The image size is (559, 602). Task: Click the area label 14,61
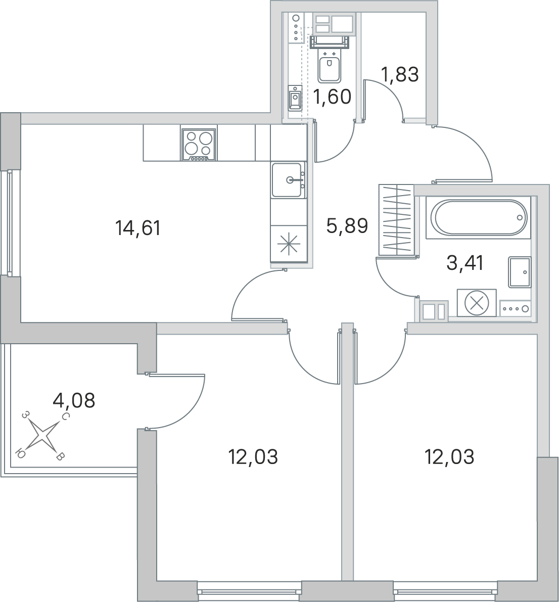(137, 228)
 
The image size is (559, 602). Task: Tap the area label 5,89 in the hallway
(347, 226)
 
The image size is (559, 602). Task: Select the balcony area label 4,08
(74, 401)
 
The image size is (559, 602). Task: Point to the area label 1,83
(400, 74)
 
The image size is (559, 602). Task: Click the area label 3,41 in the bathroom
(465, 263)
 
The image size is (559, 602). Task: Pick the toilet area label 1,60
(332, 97)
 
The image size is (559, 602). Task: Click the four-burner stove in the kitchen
(199, 145)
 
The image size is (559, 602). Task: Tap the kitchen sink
(288, 179)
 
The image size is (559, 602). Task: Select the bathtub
(478, 217)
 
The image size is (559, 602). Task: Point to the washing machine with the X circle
(477, 303)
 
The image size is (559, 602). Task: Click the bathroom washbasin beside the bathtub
(520, 272)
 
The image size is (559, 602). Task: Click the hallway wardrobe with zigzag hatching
(396, 220)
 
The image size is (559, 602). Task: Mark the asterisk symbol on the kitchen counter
(288, 244)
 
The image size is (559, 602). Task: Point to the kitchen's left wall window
(10, 223)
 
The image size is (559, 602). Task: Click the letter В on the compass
(61, 456)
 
